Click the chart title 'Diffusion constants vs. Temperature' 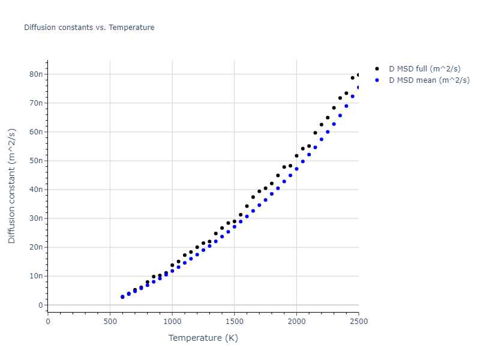[89, 28]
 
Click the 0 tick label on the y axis [41, 305]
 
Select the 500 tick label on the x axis [110, 321]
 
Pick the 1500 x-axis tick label [235, 321]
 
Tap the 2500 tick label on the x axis [359, 321]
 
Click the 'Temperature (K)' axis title [203, 338]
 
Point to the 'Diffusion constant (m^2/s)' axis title [12, 186]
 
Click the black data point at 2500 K [359, 75]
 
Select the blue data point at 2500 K [359, 88]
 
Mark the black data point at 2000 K [296, 156]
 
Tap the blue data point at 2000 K [296, 169]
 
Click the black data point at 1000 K [172, 265]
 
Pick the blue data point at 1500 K [235, 227]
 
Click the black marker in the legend [377, 69]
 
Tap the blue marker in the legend [377, 80]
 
